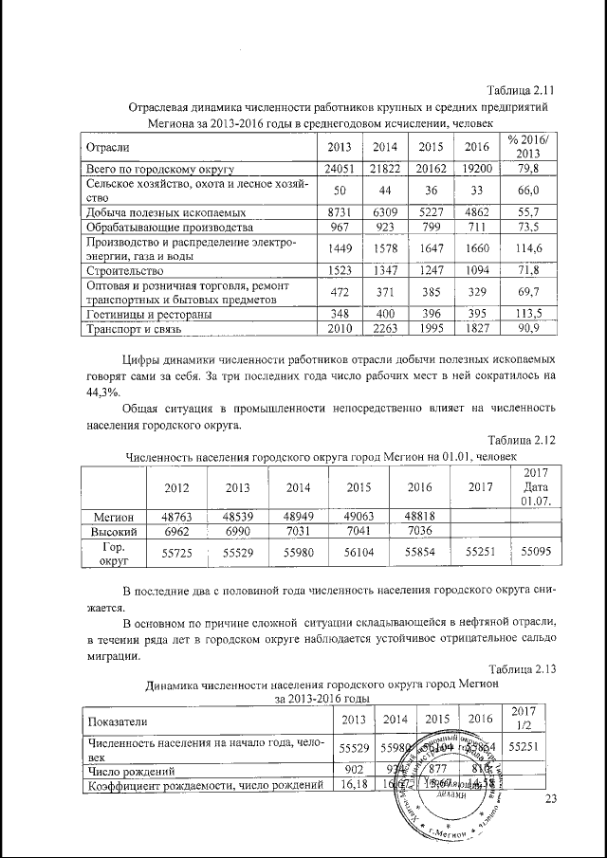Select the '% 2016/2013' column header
coord(523,147)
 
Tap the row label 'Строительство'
coord(127,272)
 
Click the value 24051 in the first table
coord(340,168)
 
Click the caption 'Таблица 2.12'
coord(520,440)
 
